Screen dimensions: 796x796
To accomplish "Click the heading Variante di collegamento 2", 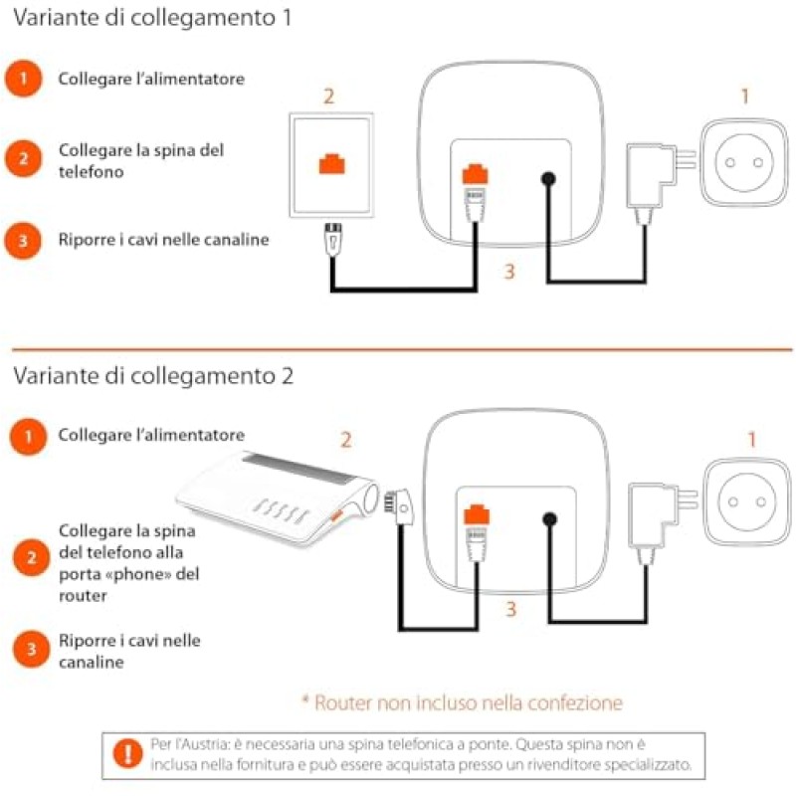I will click(154, 377).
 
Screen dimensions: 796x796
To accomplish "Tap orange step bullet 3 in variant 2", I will click(32, 650).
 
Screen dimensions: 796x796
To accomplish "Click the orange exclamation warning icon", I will click(126, 755).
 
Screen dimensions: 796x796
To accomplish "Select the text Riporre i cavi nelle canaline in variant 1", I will click(163, 240).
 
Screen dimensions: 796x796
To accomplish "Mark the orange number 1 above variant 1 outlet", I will click(744, 97).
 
